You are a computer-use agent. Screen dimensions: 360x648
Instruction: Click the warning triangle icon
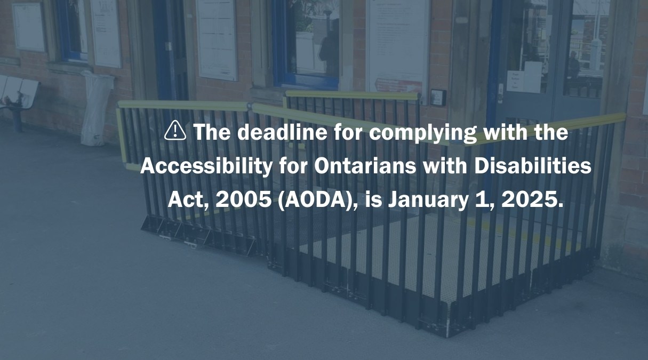pos(175,131)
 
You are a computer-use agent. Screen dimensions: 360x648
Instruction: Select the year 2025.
pos(530,200)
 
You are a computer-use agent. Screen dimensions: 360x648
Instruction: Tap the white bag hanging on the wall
pos(96,109)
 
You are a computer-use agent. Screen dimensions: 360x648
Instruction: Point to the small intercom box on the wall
pos(438,97)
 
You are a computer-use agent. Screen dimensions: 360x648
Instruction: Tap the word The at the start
pos(212,132)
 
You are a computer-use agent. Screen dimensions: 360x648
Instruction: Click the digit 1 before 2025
pos(484,200)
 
